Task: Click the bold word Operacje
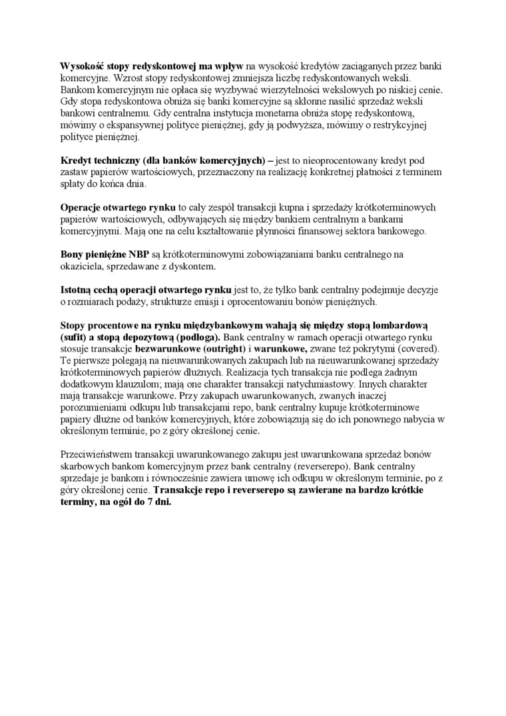pos(83,207)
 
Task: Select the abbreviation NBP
pos(138,254)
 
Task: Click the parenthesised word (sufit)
pos(73,337)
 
